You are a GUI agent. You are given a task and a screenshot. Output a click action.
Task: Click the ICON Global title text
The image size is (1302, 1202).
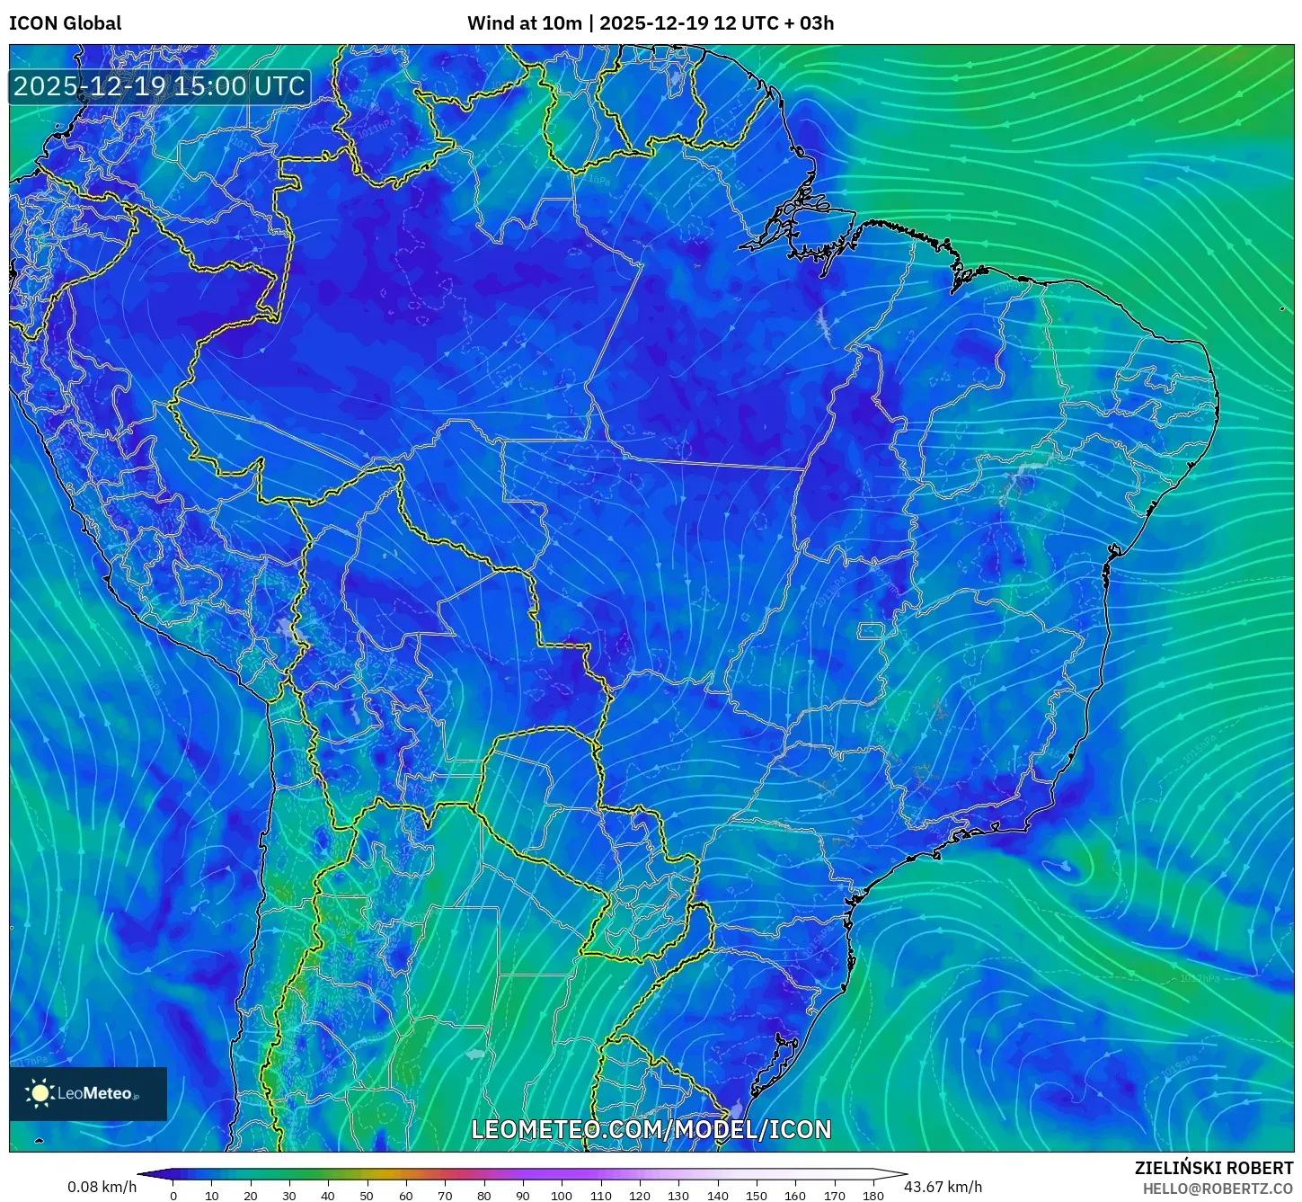pos(65,23)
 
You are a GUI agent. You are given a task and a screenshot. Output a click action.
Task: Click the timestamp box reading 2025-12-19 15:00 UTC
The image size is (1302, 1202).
pos(159,86)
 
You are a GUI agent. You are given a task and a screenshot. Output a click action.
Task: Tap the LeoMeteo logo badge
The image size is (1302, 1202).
pos(88,1093)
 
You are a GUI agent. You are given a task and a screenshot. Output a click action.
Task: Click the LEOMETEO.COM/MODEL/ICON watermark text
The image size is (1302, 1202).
pos(651,1129)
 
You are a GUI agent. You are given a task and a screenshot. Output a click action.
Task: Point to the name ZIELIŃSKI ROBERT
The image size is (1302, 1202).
pos(1213,1168)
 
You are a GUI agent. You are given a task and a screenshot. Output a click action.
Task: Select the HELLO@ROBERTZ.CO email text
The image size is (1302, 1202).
pos(1218,1189)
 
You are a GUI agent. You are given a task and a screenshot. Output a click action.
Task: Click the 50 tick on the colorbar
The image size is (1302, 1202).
pos(367,1195)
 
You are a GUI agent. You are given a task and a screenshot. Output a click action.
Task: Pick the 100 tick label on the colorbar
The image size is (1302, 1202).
pos(562,1195)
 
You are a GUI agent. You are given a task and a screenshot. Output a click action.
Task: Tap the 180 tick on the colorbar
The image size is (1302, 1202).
pos(873,1195)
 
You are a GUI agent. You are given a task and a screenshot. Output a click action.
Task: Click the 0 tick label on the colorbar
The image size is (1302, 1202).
pos(173,1195)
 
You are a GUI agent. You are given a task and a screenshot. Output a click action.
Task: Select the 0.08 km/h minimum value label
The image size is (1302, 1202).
pos(102,1187)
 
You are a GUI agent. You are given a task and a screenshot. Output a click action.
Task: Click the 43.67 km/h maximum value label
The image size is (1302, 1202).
pos(943,1187)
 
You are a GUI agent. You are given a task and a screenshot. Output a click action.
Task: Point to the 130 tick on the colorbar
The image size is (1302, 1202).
pos(678,1195)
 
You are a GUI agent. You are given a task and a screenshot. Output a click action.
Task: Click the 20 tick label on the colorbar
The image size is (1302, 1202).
pos(250,1195)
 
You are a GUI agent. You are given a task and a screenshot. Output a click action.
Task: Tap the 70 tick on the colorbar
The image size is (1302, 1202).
pos(445,1195)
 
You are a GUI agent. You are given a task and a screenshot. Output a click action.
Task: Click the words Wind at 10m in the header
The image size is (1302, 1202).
pos(525,23)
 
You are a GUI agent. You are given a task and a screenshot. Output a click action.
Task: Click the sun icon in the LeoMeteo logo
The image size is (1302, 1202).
pos(40,1093)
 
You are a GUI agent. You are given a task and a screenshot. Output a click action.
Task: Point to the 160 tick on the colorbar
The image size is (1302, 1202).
pos(795,1195)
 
